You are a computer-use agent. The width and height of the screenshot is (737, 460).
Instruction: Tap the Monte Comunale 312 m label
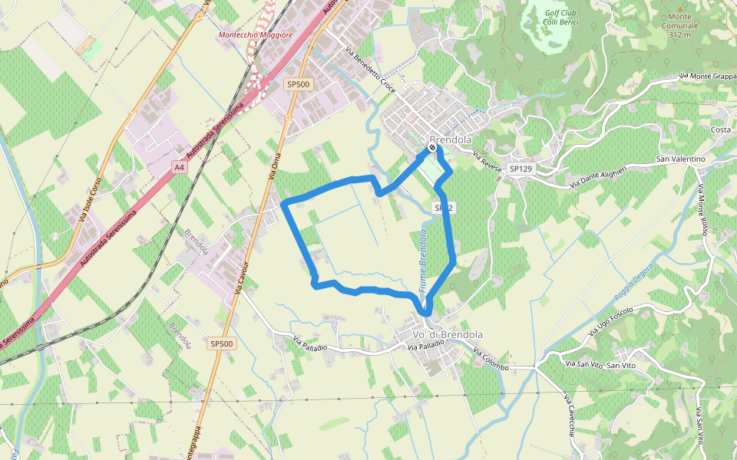pos(680,25)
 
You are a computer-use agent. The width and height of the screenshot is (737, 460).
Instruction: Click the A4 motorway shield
pos(179,166)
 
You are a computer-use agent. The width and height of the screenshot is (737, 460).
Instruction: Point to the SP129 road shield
pos(521,168)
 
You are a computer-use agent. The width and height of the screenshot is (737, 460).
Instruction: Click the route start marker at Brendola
pos(432,147)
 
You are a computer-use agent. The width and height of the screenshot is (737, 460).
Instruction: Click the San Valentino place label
pos(679,159)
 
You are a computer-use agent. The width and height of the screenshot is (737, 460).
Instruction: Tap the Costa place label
pos(720,130)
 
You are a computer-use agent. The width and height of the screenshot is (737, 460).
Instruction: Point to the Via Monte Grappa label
pos(707,77)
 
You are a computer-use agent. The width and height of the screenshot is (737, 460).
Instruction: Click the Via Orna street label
pos(272,165)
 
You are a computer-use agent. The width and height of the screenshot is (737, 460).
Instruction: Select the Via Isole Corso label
pos(91,202)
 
